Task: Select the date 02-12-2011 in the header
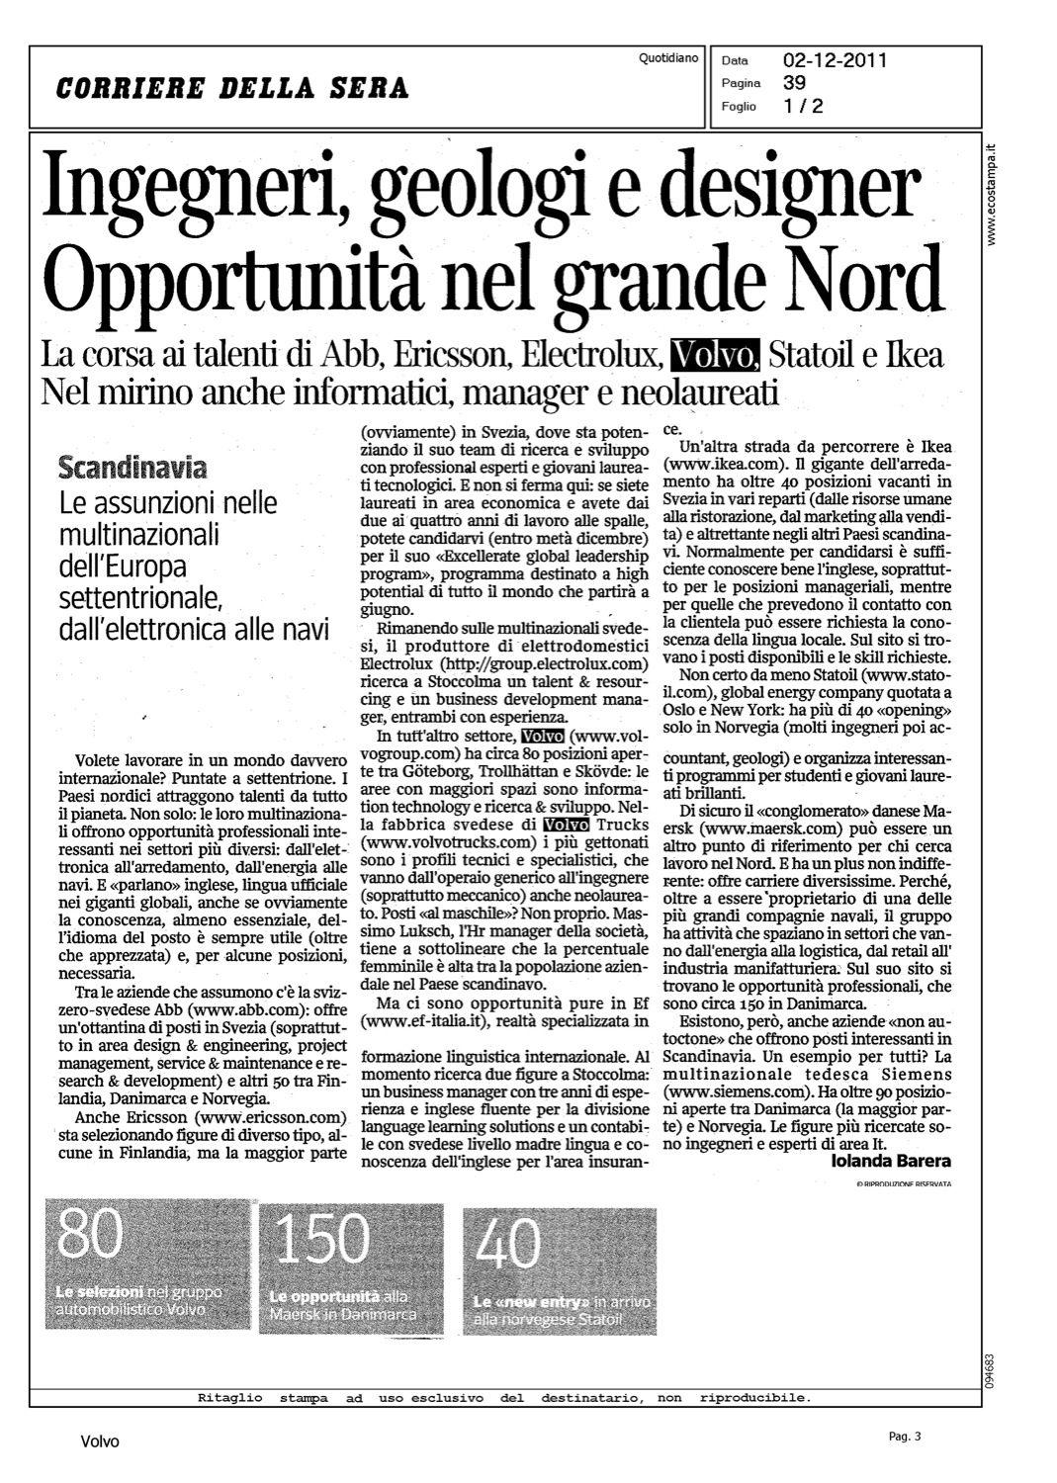pos(835,60)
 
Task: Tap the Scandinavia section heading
pos(133,465)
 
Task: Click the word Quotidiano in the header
pos(668,58)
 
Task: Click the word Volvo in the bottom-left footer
pos(99,1441)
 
